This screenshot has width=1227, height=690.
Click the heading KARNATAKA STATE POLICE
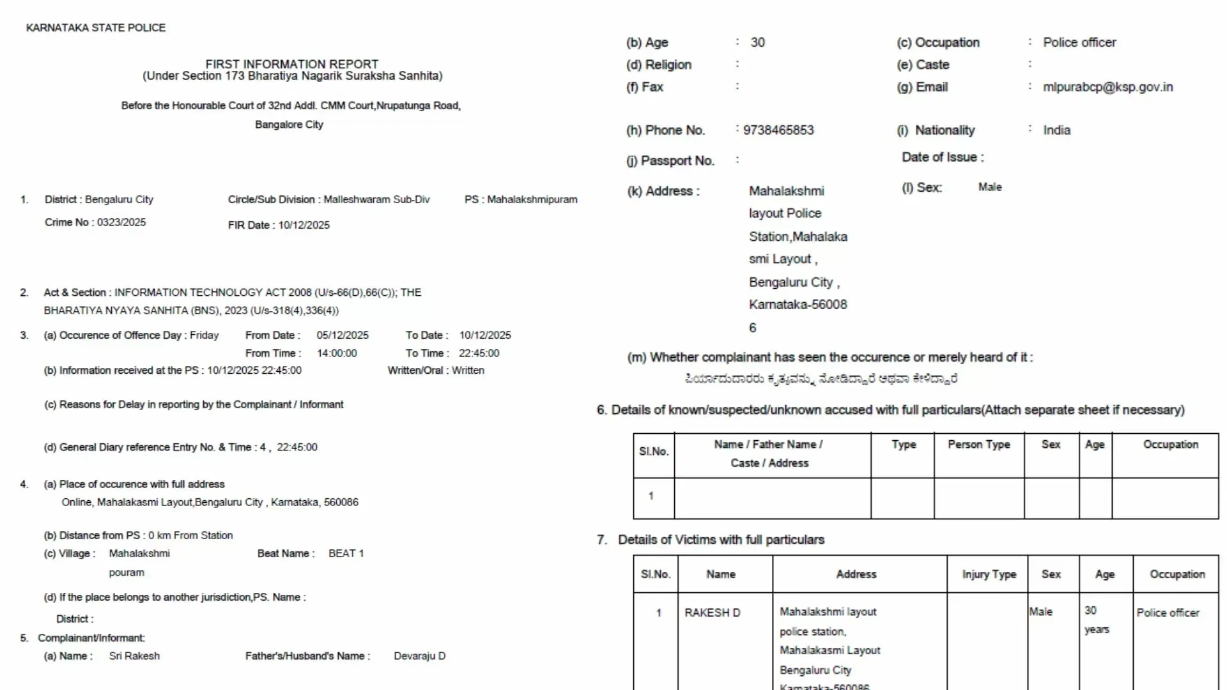point(96,28)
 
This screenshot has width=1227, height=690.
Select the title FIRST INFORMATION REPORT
point(291,65)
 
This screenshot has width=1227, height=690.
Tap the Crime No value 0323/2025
point(121,222)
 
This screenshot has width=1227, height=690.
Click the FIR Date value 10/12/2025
point(304,225)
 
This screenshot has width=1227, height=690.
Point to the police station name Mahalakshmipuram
point(532,199)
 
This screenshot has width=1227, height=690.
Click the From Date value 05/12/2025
point(343,335)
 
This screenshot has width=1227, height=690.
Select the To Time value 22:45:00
point(479,353)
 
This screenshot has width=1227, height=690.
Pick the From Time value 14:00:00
point(337,353)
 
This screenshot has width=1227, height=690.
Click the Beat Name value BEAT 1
point(346,553)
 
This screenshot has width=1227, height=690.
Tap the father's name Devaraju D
point(419,656)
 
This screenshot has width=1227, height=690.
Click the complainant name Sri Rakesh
point(134,656)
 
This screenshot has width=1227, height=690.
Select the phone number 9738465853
point(778,130)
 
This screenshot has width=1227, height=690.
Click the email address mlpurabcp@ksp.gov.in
point(1107,87)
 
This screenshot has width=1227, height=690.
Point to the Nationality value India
point(1056,130)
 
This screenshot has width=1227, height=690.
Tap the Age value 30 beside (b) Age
point(757,42)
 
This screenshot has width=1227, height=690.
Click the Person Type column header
point(978,445)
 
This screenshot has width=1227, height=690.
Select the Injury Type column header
point(989,574)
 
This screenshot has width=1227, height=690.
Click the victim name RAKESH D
point(712,613)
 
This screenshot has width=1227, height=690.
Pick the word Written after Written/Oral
point(468,371)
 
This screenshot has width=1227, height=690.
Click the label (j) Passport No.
point(670,161)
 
